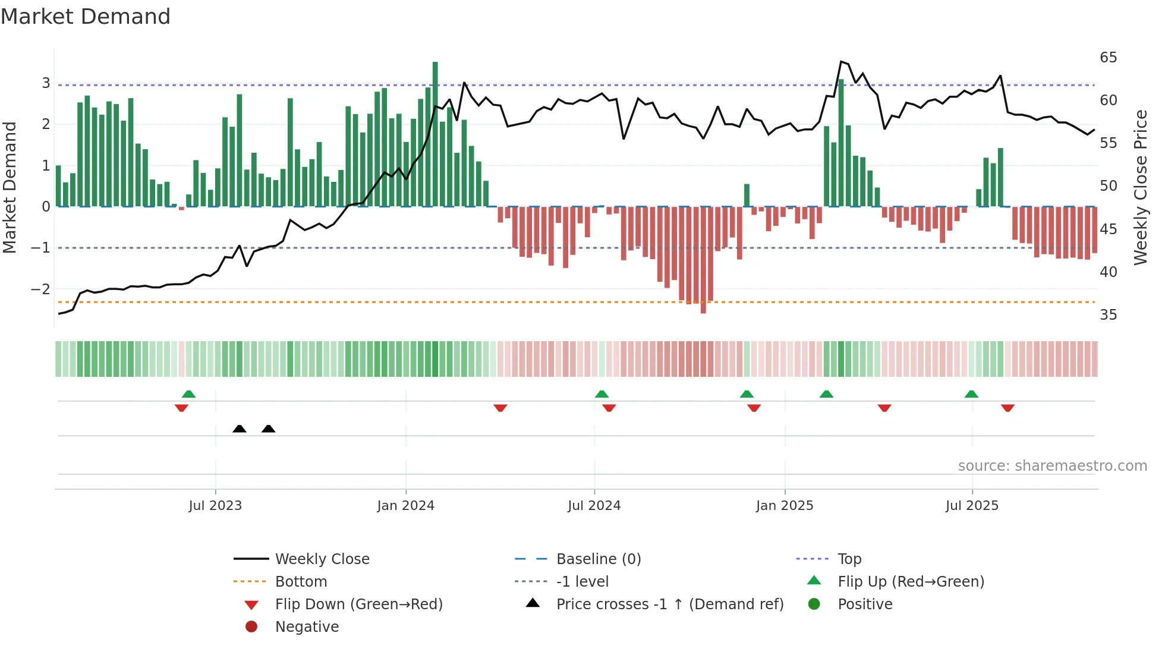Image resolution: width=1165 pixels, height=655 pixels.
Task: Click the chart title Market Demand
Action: click(x=86, y=17)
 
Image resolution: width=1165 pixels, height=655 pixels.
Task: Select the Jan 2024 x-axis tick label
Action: click(x=406, y=506)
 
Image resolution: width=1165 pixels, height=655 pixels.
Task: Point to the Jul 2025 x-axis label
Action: click(x=972, y=506)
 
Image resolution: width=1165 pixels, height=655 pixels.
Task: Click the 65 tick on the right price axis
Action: click(x=1108, y=58)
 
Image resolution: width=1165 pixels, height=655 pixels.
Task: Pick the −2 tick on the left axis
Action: click(x=40, y=289)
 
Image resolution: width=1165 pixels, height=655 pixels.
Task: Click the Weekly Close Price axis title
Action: click(x=1140, y=187)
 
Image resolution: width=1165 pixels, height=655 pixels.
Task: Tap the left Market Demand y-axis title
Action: click(x=10, y=187)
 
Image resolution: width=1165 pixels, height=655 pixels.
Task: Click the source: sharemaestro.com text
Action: click(x=1052, y=466)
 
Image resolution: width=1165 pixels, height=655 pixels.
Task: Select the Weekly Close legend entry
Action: click(x=322, y=559)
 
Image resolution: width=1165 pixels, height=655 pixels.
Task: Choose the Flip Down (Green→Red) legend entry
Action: click(x=358, y=604)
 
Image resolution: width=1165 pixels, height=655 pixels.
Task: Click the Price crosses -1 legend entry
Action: click(x=669, y=604)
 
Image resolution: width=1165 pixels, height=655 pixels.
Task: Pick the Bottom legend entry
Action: click(x=301, y=582)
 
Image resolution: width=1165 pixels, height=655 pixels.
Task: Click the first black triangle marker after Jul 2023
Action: click(x=240, y=429)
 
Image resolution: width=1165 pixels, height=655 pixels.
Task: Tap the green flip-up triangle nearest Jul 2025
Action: click(x=971, y=394)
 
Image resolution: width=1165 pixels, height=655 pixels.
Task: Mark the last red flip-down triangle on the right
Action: click(x=1007, y=408)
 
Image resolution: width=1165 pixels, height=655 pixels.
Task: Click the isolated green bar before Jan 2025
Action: click(x=747, y=196)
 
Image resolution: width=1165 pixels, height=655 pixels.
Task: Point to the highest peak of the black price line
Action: click(x=841, y=62)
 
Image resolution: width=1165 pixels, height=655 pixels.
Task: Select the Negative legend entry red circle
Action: click(x=251, y=627)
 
